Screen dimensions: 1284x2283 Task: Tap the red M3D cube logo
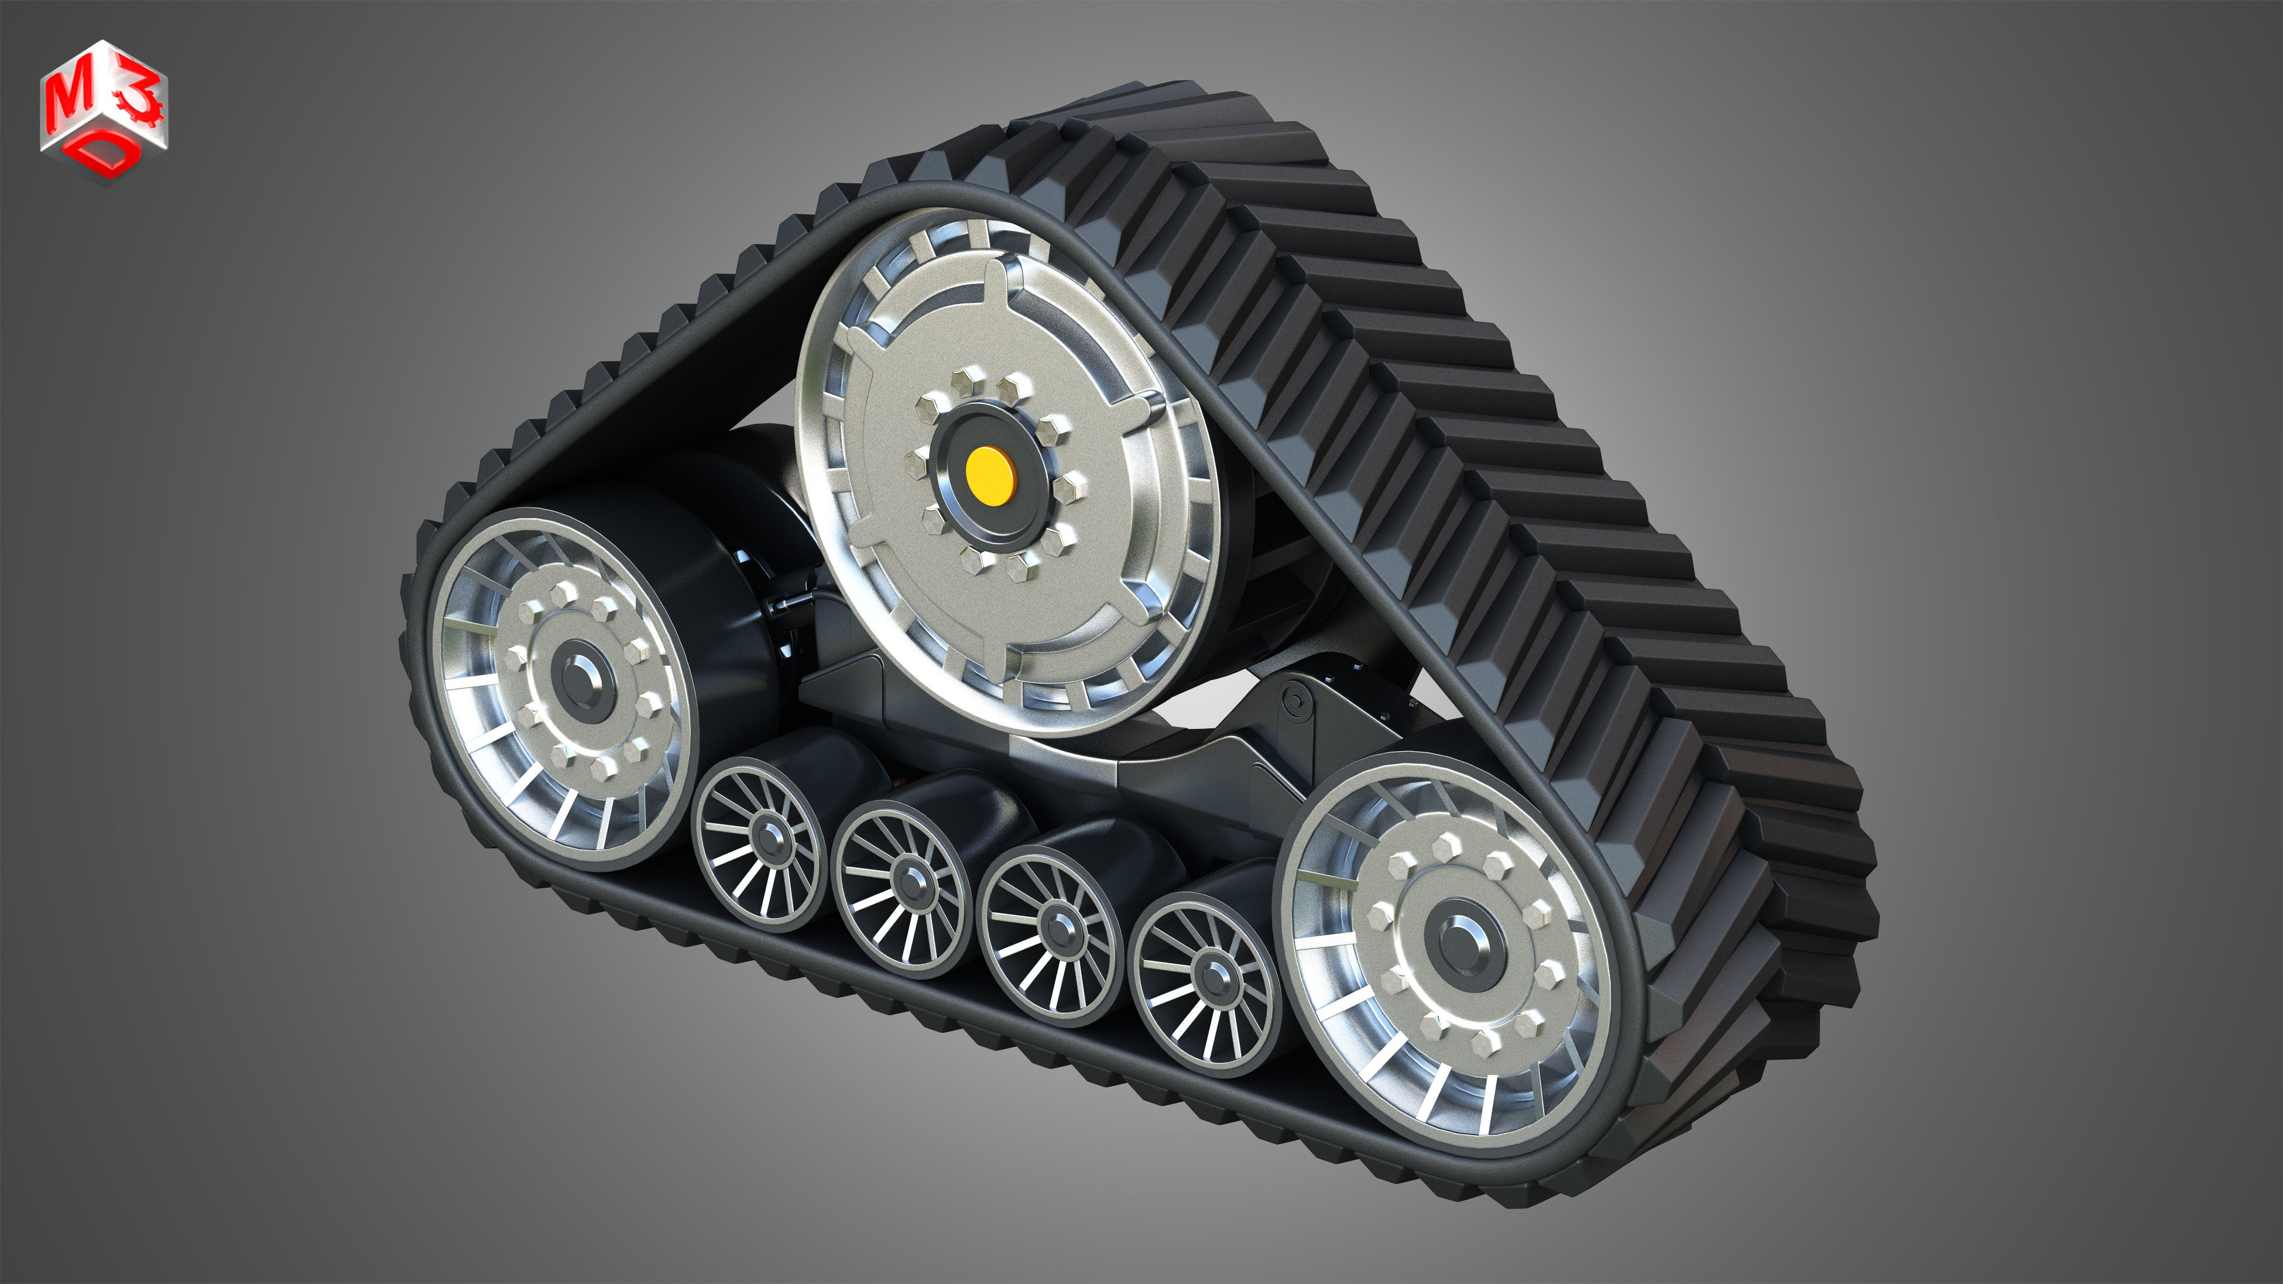tap(104, 111)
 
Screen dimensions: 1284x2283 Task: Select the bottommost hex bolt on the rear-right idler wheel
tap(1486, 1043)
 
